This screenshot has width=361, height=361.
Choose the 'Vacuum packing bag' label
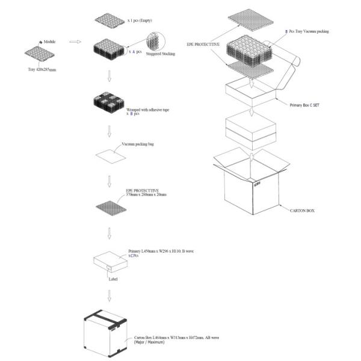point(137,145)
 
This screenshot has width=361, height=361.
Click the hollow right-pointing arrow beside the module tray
point(75,42)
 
